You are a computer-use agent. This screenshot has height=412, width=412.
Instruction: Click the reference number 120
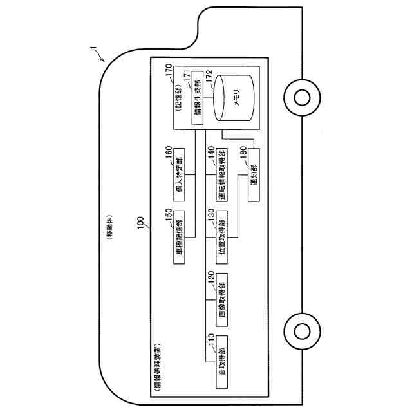tap(210, 279)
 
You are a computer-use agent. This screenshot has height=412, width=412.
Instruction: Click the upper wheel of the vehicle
tap(301, 97)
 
